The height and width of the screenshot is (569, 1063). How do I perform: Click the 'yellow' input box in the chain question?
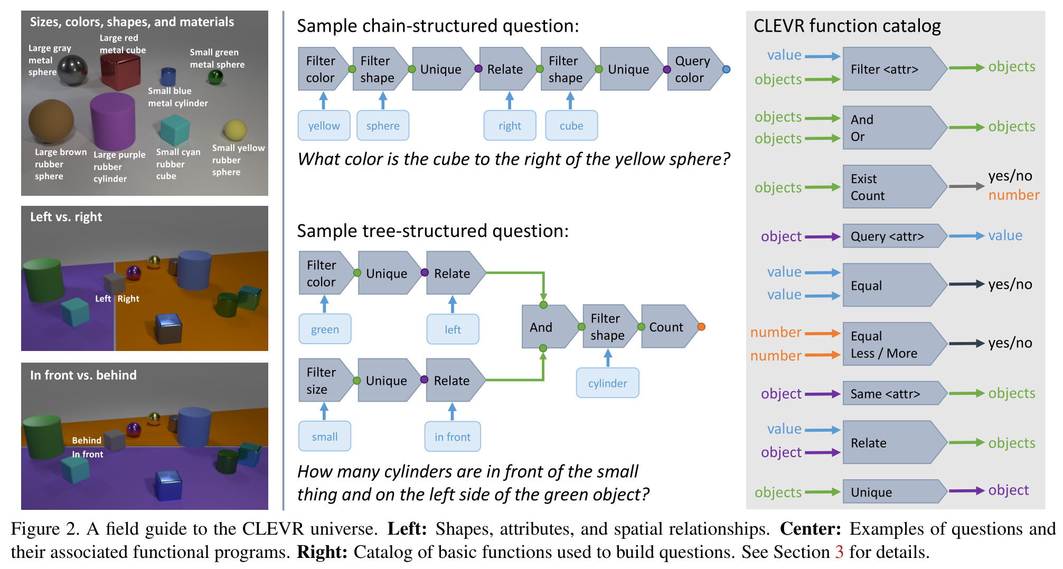[324, 126]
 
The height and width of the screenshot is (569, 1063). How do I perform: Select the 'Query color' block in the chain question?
[692, 69]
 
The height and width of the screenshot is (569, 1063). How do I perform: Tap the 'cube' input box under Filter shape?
[571, 126]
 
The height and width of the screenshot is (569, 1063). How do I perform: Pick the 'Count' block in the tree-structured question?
[666, 327]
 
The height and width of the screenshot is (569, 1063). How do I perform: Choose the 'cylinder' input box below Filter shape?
[607, 383]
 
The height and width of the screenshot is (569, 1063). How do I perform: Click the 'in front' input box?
[453, 437]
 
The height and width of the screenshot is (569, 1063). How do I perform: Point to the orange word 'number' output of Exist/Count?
[1013, 195]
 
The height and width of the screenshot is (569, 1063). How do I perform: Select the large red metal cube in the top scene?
[120, 72]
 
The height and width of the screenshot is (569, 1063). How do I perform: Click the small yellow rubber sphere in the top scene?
[236, 130]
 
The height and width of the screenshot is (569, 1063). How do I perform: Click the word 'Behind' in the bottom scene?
[87, 440]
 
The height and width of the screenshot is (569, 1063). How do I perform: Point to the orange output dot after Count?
[701, 327]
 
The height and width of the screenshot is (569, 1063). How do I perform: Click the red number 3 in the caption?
[839, 552]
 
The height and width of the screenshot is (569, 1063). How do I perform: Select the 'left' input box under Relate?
[453, 329]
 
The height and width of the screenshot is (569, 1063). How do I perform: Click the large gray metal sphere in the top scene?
[72, 71]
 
